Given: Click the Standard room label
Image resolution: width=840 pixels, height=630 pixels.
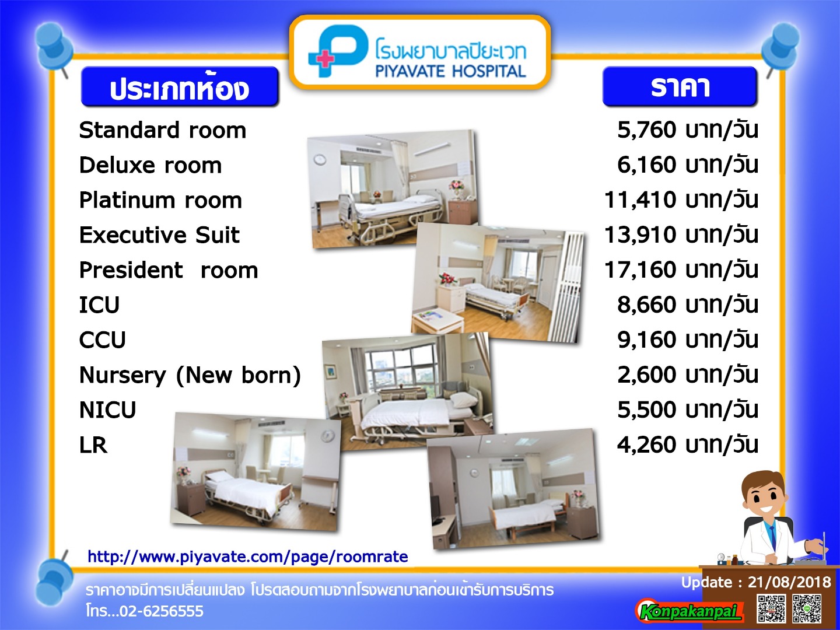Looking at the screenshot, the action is click(x=163, y=131).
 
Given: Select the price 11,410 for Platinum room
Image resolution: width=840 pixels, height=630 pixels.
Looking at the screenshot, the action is click(x=640, y=200).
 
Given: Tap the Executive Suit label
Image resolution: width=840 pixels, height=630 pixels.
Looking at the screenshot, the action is click(x=159, y=235).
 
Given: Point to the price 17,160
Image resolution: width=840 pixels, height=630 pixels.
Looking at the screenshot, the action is click(x=640, y=270).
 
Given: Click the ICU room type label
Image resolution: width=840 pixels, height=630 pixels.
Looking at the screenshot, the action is click(x=100, y=305).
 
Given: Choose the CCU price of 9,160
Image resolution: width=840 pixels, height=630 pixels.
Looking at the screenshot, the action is click(x=647, y=339).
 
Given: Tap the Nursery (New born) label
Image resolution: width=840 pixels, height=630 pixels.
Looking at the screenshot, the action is click(x=190, y=375).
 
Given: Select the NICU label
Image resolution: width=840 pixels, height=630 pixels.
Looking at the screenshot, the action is click(x=107, y=409).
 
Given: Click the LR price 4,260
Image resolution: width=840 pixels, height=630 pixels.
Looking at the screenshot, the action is click(x=647, y=445).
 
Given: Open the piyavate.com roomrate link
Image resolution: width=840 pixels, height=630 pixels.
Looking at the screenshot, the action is click(x=247, y=556).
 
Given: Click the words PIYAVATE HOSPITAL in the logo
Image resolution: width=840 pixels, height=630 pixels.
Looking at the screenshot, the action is click(x=450, y=72).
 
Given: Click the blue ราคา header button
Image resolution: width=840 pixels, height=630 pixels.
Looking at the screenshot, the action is click(x=680, y=86).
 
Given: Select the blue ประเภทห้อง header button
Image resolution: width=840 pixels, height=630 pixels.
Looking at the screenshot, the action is click(x=180, y=86).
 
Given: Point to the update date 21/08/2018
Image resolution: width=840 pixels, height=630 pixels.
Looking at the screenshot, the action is click(x=789, y=582).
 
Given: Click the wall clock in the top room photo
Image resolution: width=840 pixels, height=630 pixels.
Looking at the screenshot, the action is click(x=320, y=159).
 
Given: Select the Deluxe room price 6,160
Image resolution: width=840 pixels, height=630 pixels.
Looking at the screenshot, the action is click(x=647, y=165).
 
